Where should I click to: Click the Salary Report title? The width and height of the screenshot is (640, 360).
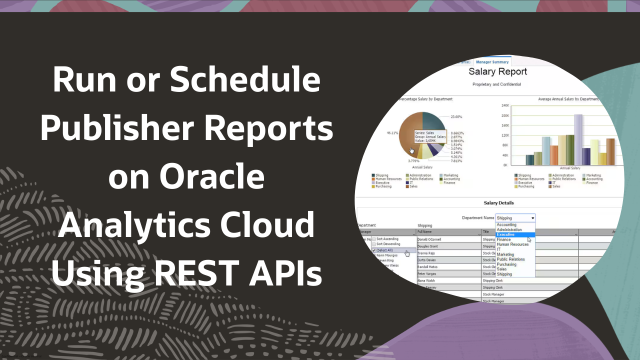[x=497, y=72]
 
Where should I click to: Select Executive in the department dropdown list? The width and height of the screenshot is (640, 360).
[x=505, y=234]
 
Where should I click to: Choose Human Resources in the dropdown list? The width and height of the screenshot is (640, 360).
[x=512, y=244]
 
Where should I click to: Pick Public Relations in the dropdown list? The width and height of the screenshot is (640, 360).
[x=510, y=259]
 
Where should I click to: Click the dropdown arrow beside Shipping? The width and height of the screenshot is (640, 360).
[x=532, y=218]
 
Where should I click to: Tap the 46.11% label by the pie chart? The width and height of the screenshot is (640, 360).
[x=392, y=133]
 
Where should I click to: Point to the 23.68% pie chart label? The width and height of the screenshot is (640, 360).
[x=456, y=116]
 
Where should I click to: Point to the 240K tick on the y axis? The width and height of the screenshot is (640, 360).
[x=504, y=105]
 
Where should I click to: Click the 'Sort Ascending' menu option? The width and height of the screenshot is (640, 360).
[x=387, y=239]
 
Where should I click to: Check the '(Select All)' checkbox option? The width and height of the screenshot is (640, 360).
[x=374, y=250]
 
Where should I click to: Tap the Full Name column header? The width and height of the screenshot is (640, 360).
[x=424, y=232]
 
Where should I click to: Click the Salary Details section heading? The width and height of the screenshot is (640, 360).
[x=498, y=203]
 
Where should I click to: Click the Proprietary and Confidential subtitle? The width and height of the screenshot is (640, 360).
[x=496, y=84]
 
